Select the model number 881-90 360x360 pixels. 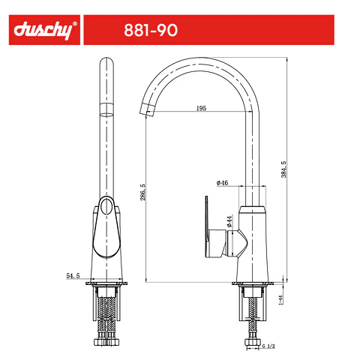pyautogui.click(x=151, y=30)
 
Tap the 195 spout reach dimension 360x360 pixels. pyautogui.click(x=201, y=108)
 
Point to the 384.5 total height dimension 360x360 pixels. pyautogui.click(x=283, y=169)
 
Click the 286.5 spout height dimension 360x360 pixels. pyautogui.click(x=142, y=192)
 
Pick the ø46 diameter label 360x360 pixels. pyautogui.click(x=222, y=183)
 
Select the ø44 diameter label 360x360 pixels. pyautogui.click(x=229, y=221)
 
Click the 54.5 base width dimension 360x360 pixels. pyautogui.click(x=73, y=276)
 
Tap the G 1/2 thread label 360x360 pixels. pyautogui.click(x=268, y=346)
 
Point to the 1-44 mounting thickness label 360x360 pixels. pyautogui.click(x=280, y=300)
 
